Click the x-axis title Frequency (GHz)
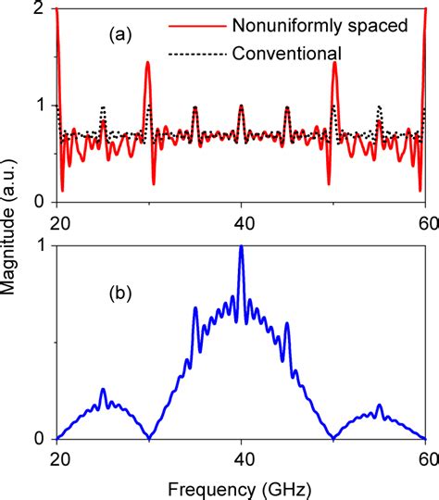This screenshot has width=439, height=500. click(241, 487)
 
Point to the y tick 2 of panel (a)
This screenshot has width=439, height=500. click(36, 8)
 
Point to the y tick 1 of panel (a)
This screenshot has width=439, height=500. click(36, 106)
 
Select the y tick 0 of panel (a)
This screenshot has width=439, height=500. click(36, 202)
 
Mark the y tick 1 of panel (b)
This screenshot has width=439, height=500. click(36, 245)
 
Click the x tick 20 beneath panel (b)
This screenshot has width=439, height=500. click(57, 456)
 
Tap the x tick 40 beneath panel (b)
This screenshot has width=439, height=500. click(241, 456)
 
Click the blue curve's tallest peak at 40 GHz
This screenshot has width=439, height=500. click(241, 247)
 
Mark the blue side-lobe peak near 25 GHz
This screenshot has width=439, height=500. click(103, 390)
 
